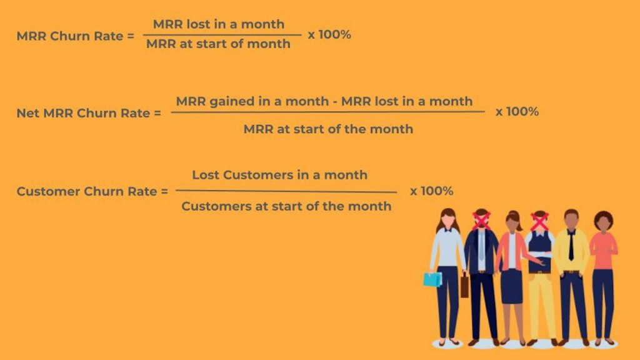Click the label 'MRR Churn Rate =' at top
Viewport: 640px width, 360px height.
coord(75,36)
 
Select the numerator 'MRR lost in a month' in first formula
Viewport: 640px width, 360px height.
coord(218,24)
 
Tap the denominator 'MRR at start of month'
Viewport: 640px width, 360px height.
coord(218,44)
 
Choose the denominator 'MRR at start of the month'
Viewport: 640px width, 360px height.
coord(328,129)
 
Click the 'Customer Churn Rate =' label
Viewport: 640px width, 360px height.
coord(92,191)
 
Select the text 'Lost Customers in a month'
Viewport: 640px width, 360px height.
coord(279,175)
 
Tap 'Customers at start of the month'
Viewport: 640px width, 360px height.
coord(286,206)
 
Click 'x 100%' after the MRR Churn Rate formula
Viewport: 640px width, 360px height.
coord(329,34)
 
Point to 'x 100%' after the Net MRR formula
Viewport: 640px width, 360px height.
coord(517,112)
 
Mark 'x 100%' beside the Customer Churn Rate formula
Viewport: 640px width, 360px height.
coord(431,191)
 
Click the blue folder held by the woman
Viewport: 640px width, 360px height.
coord(432,279)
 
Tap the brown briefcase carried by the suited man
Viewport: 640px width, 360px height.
coord(464,286)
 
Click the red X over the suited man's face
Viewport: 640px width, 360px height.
coord(481,220)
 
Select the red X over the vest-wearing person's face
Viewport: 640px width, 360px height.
coord(539,221)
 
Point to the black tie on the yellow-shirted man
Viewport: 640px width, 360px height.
coord(571,245)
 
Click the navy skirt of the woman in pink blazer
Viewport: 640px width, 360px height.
coord(511,286)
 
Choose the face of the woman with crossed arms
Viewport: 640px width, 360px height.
coord(603,222)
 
